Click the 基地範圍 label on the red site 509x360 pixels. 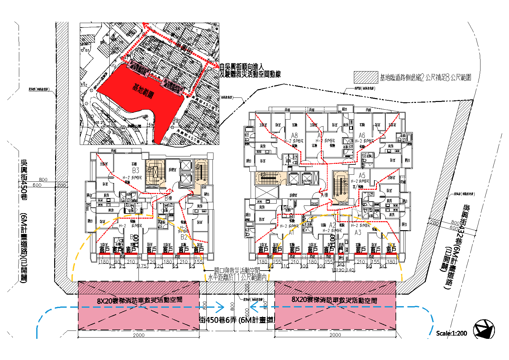point(143,90)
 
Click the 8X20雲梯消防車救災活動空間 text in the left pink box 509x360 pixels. point(139,300)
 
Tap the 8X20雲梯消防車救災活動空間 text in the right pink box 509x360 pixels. point(334,300)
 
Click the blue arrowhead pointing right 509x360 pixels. point(221,307)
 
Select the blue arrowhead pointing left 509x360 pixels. point(254,307)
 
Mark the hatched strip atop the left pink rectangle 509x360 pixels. point(138,288)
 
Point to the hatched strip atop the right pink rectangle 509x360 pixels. point(335,288)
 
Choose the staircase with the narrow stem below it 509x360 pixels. point(201,176)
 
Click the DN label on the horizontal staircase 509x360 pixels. point(277,182)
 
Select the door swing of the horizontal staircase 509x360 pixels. point(283,181)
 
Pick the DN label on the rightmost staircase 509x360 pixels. point(337,195)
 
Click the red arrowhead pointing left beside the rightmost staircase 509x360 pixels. point(321,192)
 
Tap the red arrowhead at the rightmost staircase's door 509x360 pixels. point(331,200)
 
